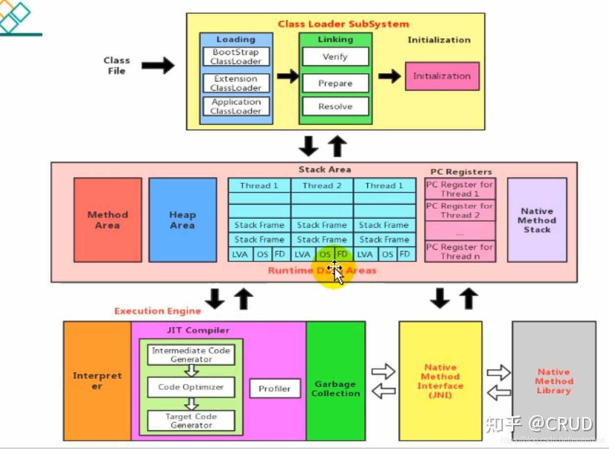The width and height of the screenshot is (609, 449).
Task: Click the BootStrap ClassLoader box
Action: pyautogui.click(x=236, y=57)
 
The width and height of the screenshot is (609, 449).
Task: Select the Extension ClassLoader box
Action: pyautogui.click(x=236, y=83)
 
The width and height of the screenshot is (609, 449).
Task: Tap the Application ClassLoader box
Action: pyautogui.click(x=236, y=106)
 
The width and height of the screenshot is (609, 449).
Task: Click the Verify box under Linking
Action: pyautogui.click(x=335, y=57)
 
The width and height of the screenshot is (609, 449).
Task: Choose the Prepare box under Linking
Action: pyautogui.click(x=335, y=83)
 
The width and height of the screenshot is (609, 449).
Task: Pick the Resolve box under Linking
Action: pyautogui.click(x=335, y=106)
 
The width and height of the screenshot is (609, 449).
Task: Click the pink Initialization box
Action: pyautogui.click(x=442, y=76)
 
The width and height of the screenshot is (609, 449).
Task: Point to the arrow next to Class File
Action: pyautogui.click(x=158, y=65)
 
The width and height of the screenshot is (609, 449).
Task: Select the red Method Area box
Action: pyautogui.click(x=108, y=220)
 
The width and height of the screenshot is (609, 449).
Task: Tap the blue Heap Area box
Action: pyautogui.click(x=182, y=220)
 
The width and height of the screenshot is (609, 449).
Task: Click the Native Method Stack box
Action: pyautogui.click(x=537, y=220)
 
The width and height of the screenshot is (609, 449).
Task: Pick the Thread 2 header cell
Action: pyautogui.click(x=322, y=185)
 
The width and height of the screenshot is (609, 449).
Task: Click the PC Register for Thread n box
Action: pyautogui.click(x=460, y=251)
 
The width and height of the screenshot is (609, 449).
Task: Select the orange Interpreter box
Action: pyautogui.click(x=97, y=381)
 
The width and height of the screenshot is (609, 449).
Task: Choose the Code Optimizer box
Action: pyautogui.click(x=191, y=387)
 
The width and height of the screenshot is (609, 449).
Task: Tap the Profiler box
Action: pyautogui.click(x=275, y=389)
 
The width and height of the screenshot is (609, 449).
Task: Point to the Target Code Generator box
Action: pyautogui.click(x=191, y=421)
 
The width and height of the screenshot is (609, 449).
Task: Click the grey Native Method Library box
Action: pyautogui.click(x=554, y=381)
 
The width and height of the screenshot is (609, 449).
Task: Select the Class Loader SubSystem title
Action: pyautogui.click(x=343, y=24)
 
